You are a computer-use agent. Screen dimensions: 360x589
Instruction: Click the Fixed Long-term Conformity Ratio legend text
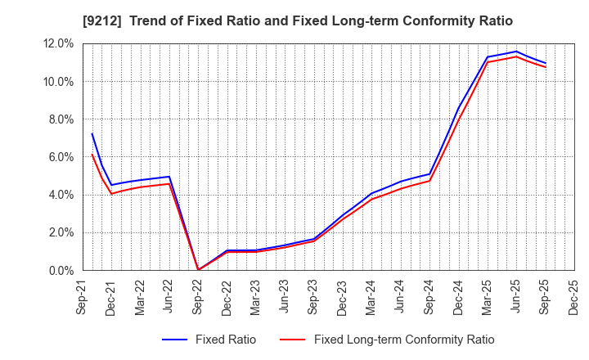click(404, 340)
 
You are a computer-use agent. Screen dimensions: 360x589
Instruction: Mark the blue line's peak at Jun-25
click(516, 52)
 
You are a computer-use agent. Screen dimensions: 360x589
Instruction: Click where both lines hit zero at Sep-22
click(198, 270)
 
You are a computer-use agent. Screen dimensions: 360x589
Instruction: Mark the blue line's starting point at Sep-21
click(92, 133)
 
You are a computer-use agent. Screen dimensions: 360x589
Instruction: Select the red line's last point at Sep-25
click(545, 67)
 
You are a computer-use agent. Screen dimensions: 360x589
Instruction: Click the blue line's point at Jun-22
click(169, 177)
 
